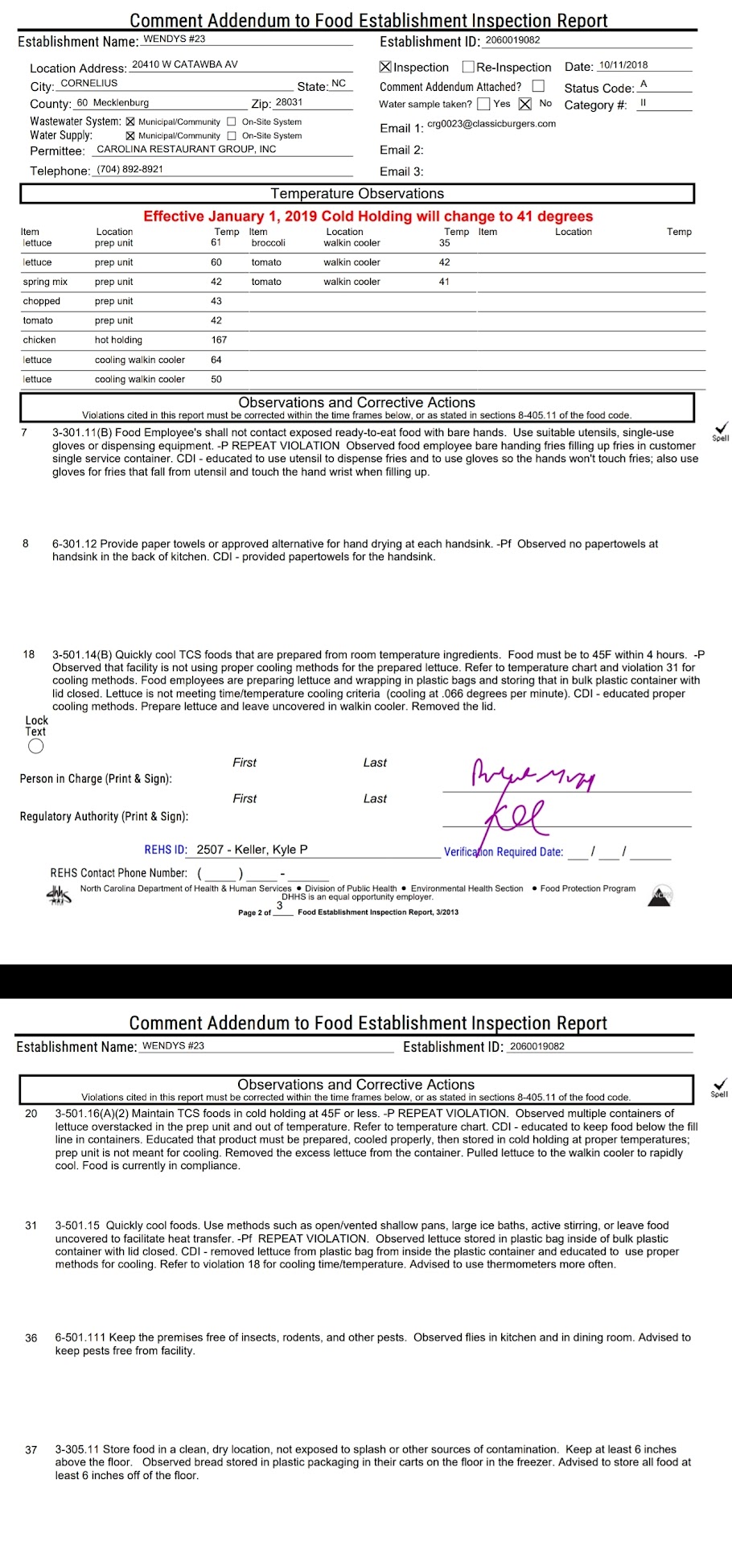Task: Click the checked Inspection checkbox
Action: (385, 67)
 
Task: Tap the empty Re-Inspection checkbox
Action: (468, 67)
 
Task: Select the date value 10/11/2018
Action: (623, 65)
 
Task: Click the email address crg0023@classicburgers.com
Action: (491, 123)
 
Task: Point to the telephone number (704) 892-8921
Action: (130, 169)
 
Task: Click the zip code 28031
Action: (289, 102)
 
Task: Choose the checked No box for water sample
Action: (525, 103)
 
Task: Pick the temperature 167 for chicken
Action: (219, 340)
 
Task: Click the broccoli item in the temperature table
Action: (268, 242)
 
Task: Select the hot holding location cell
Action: (118, 340)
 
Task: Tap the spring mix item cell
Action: (45, 282)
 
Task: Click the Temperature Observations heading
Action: (357, 193)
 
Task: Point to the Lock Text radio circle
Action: (35, 746)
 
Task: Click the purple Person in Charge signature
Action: (531, 774)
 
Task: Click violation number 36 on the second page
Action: (31, 1337)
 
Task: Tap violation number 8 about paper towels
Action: (26, 543)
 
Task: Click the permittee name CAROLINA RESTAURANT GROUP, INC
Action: (186, 149)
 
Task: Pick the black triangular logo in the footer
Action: (660, 895)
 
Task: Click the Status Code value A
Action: (644, 84)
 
